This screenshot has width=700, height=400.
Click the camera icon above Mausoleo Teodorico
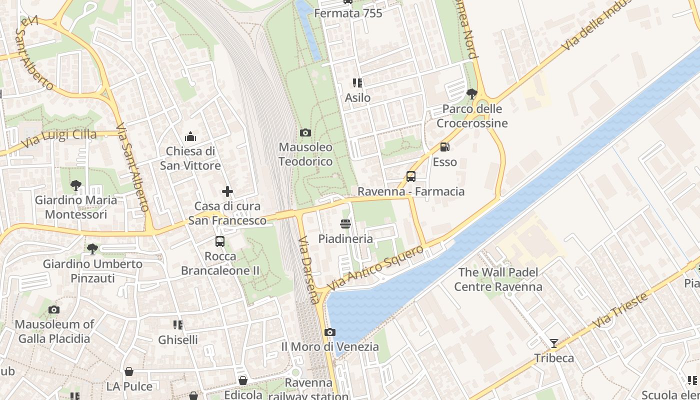305,132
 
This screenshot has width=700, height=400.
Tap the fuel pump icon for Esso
444,147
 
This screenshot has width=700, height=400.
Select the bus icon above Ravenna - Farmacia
410,176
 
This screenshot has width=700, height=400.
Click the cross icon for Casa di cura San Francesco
227,191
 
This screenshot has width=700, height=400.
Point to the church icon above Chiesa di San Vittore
190,136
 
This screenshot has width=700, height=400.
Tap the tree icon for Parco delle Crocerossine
471,93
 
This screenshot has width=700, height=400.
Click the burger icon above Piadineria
345,224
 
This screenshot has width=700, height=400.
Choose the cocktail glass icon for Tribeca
553,343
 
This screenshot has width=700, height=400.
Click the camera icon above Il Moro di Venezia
329,332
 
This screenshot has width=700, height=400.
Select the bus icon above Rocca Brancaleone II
219,241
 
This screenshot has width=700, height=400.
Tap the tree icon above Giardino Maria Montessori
75,185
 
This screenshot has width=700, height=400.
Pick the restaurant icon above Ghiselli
177,325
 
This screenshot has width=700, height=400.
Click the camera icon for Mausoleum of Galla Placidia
54,309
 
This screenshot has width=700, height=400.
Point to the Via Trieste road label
620,310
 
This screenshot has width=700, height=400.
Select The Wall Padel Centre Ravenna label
498,279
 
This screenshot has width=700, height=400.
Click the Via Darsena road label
308,270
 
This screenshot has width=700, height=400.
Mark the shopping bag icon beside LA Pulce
129,371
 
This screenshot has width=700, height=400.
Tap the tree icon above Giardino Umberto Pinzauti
92,248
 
